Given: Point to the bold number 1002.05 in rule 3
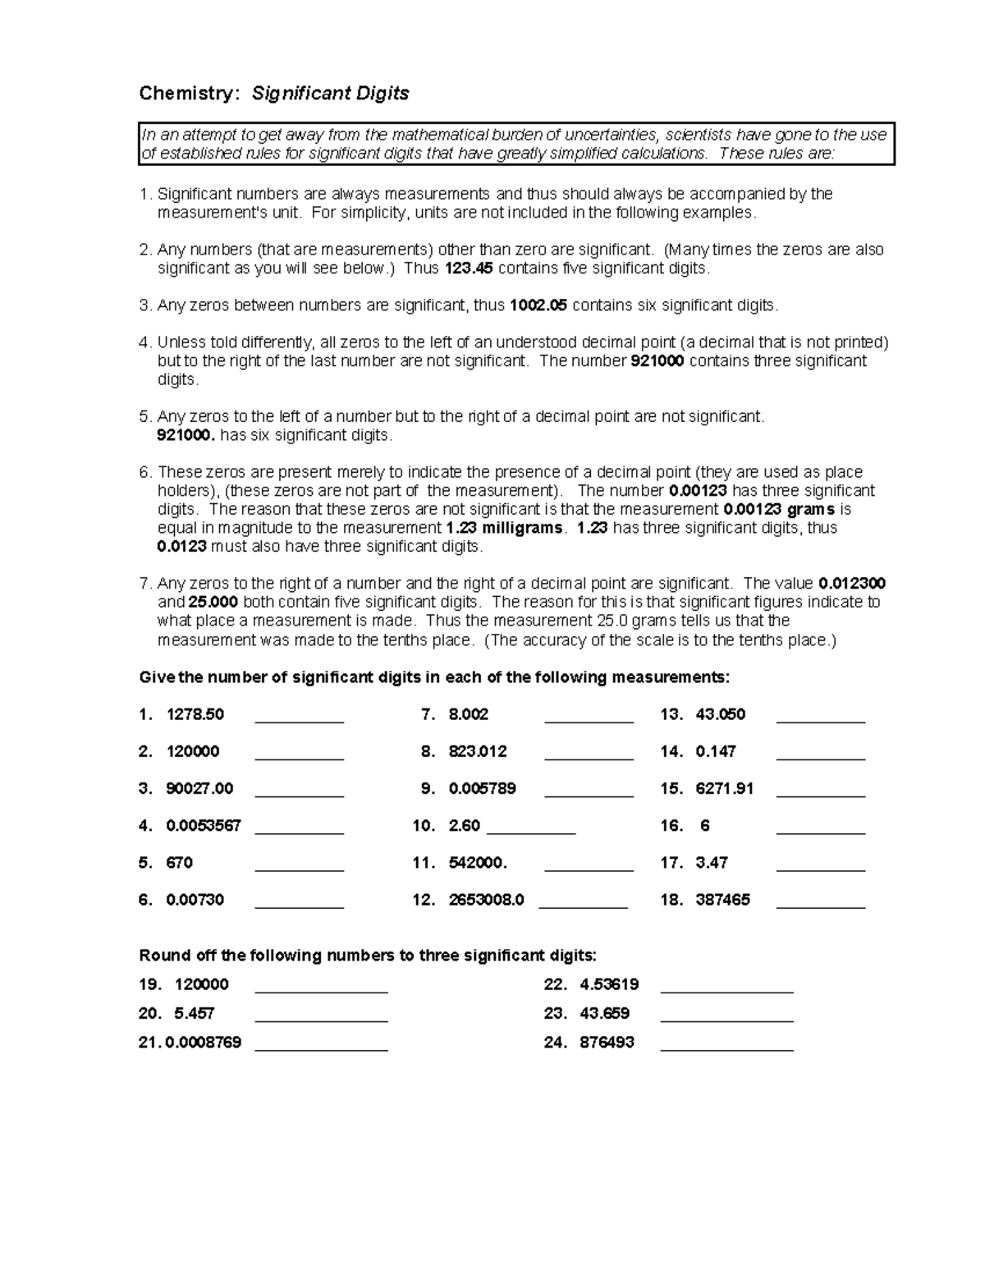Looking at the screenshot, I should (538, 305).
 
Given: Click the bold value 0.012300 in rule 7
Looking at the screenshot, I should (852, 584).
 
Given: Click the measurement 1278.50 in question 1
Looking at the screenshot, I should (195, 714).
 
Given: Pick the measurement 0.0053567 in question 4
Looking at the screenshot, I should (204, 826).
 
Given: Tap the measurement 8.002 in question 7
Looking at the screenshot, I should (468, 714).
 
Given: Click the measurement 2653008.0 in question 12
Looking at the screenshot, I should (486, 900).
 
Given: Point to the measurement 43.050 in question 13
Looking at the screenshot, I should (720, 714).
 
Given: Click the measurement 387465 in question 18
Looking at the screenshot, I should (722, 900).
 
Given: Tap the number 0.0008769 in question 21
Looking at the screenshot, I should (204, 1043).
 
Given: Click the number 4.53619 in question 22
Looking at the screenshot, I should (608, 984).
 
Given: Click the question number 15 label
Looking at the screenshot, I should (671, 789).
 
